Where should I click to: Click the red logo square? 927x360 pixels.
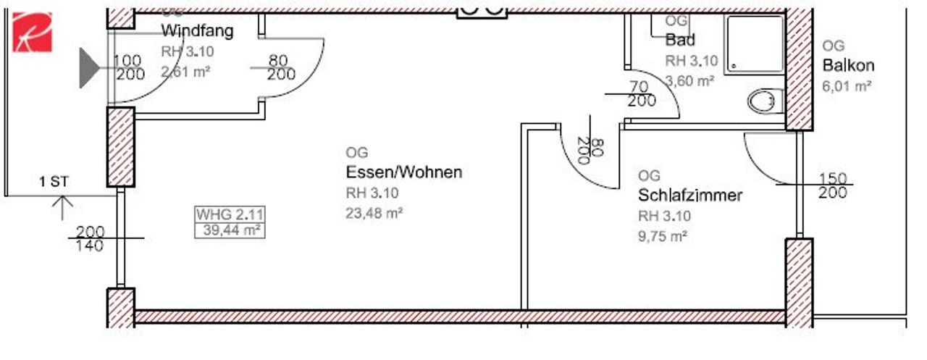click(x=33, y=33)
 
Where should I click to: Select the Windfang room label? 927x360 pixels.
click(x=198, y=31)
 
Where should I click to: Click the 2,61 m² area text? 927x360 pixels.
click(x=185, y=72)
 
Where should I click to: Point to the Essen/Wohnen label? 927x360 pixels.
click(x=404, y=172)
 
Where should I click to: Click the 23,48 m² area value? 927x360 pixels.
click(x=374, y=213)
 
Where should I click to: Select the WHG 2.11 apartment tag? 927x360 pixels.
click(x=230, y=214)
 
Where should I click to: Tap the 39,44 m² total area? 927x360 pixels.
click(x=231, y=230)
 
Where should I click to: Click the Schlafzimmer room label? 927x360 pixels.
click(x=690, y=195)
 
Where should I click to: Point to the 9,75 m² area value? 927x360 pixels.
click(x=663, y=236)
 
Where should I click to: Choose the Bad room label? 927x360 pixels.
click(x=680, y=40)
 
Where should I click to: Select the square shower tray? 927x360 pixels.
click(x=755, y=45)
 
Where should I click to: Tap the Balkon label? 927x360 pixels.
click(x=848, y=65)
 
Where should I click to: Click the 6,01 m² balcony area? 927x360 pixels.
click(x=847, y=86)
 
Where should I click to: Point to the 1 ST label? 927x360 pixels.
click(x=54, y=181)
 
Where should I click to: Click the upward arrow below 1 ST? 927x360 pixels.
click(x=62, y=208)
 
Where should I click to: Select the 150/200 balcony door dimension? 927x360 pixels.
click(x=833, y=185)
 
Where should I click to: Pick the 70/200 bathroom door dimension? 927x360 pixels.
click(x=641, y=94)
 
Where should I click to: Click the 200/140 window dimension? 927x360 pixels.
click(x=90, y=239)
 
